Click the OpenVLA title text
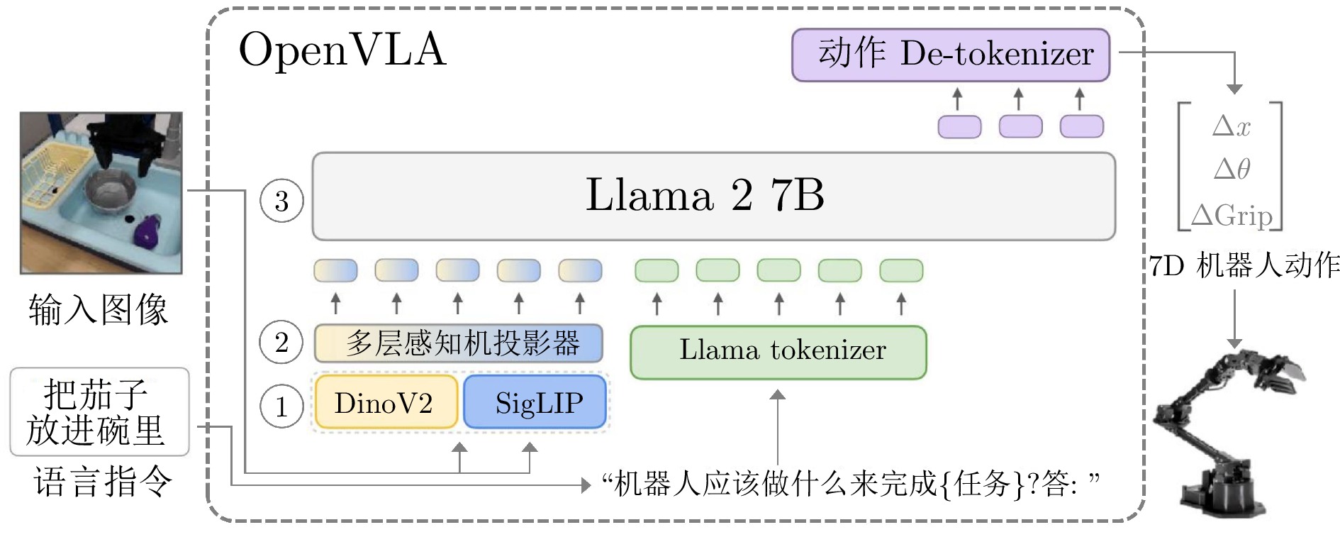pyautogui.click(x=342, y=50)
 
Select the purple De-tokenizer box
pyautogui.click(x=951, y=55)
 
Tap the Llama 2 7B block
pyautogui.click(x=714, y=196)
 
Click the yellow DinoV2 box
pyautogui.click(x=386, y=402)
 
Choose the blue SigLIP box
pyautogui.click(x=535, y=402)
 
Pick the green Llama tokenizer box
pyautogui.click(x=778, y=352)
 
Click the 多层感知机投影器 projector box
pyautogui.click(x=459, y=343)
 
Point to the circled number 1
pyautogui.click(x=281, y=406)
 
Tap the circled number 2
pyautogui.click(x=281, y=343)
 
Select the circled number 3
pyautogui.click(x=281, y=201)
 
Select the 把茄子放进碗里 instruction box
pyautogui.click(x=99, y=411)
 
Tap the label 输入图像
pyautogui.click(x=99, y=309)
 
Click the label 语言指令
pyautogui.click(x=103, y=482)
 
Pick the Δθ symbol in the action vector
pyautogui.click(x=1232, y=169)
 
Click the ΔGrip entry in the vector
pyautogui.click(x=1232, y=214)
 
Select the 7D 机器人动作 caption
pyautogui.click(x=1244, y=265)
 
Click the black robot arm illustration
pyautogui.click(x=1223, y=433)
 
